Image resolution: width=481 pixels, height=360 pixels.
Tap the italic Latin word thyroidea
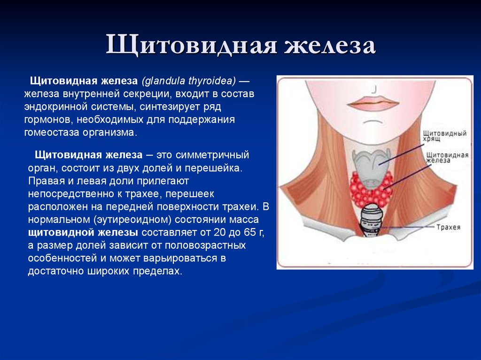coord(212,81)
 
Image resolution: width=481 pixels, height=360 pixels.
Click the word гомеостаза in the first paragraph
coord(52,132)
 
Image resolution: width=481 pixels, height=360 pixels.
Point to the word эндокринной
coord(56,107)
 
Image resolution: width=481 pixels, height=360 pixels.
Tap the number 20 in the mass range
coord(220,232)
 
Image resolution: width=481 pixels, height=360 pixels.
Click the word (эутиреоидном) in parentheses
coord(132,220)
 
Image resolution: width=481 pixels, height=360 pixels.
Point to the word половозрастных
coord(205,245)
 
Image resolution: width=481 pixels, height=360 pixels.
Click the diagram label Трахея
coord(449,227)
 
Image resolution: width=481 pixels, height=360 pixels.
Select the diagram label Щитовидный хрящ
coord(445,136)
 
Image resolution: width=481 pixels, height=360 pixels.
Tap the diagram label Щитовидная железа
coord(447,157)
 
